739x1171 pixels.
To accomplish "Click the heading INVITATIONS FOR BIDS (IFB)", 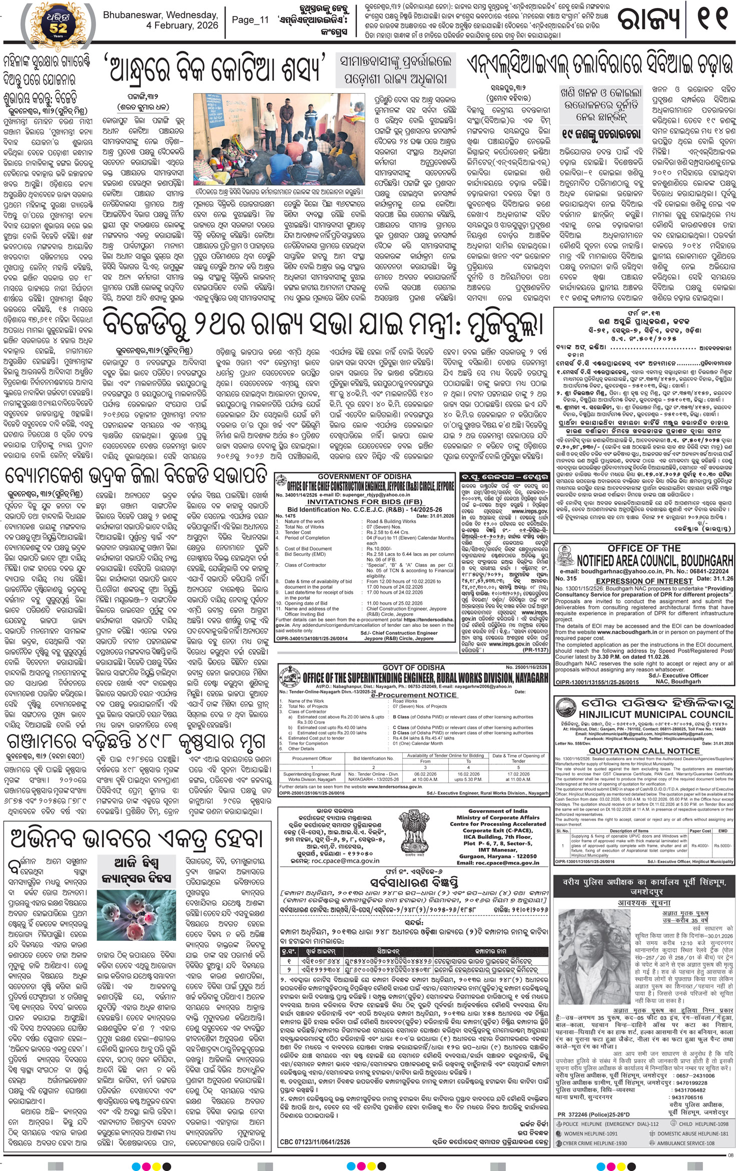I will [364, 501].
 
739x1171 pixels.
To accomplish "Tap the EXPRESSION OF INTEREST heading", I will [644, 581].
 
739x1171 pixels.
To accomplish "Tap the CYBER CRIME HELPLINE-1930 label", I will [594, 1143].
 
